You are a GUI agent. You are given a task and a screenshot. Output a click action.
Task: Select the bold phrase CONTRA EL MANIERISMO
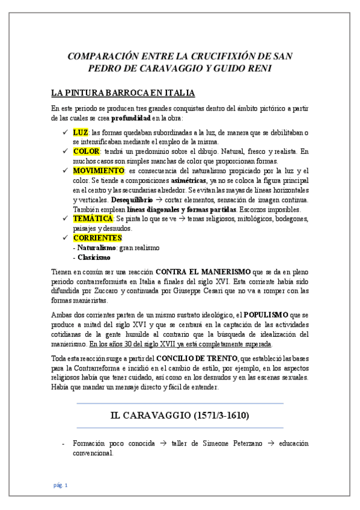(203, 271)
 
